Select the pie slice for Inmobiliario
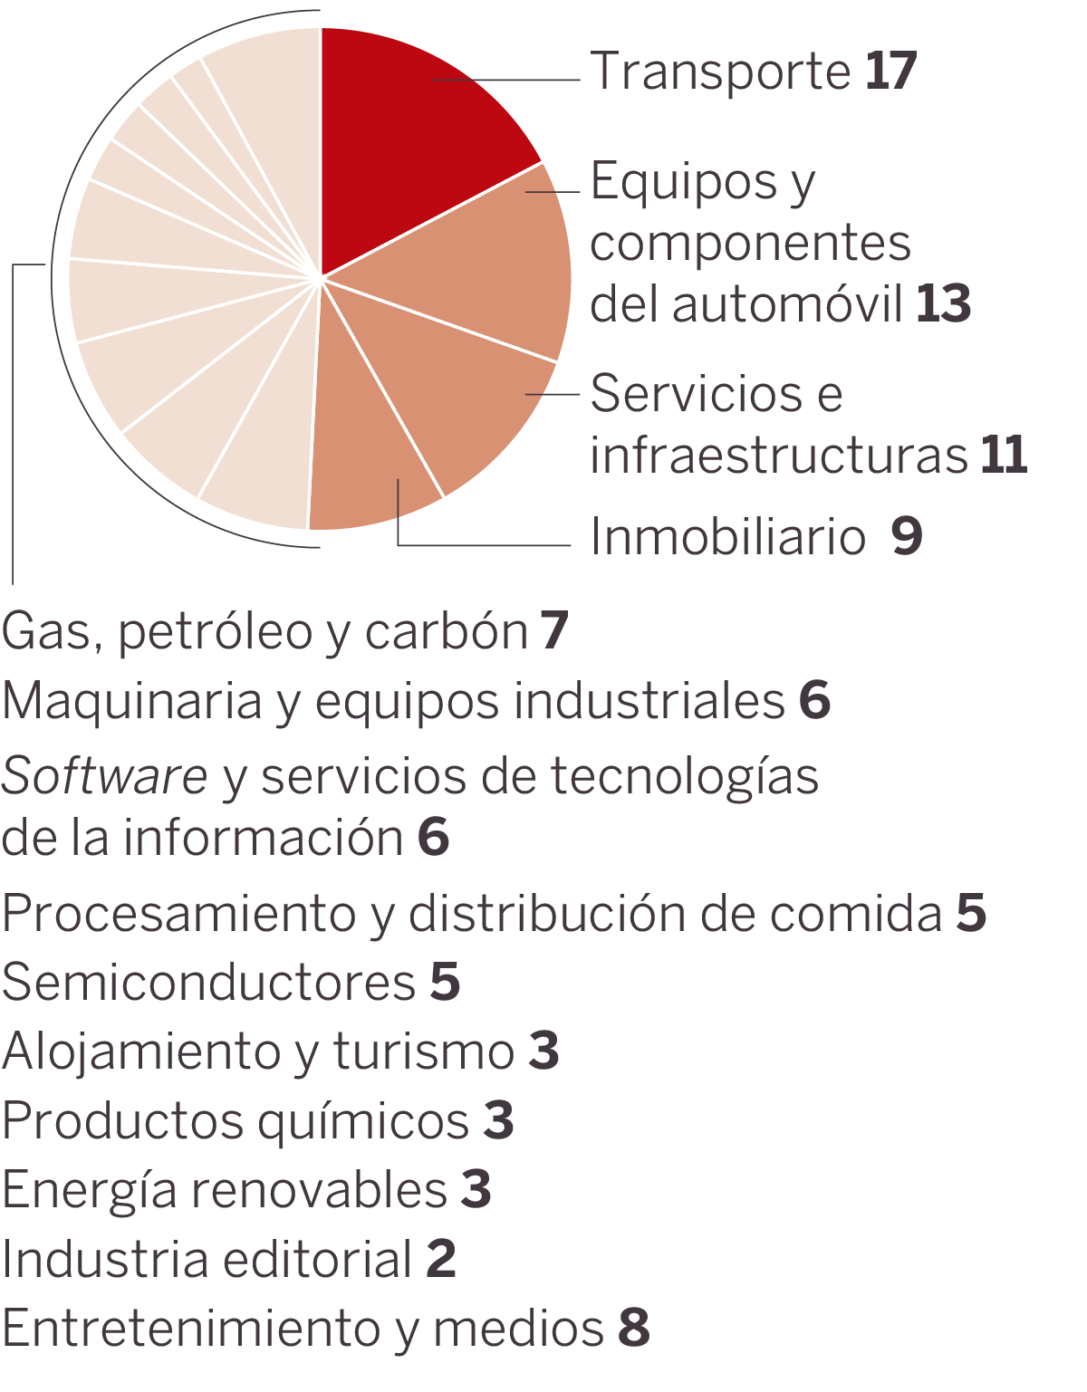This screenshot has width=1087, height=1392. coord(371,453)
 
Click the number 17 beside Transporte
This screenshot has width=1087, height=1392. coord(890,72)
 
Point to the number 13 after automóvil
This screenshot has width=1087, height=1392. coord(943,303)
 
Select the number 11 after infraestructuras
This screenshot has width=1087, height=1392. coord(1004,455)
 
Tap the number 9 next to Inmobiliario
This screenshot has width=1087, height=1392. coord(906,536)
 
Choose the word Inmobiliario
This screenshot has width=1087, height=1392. coord(727,536)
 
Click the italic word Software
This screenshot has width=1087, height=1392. coord(104,777)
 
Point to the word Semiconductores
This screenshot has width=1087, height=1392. coord(208,982)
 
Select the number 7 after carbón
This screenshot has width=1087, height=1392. coord(554,630)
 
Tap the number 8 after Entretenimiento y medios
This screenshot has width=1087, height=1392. coord(634,1328)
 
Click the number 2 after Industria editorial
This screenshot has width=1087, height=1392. coord(441,1259)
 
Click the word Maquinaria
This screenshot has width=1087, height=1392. coord(132,701)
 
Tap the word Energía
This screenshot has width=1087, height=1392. coord(89,1190)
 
